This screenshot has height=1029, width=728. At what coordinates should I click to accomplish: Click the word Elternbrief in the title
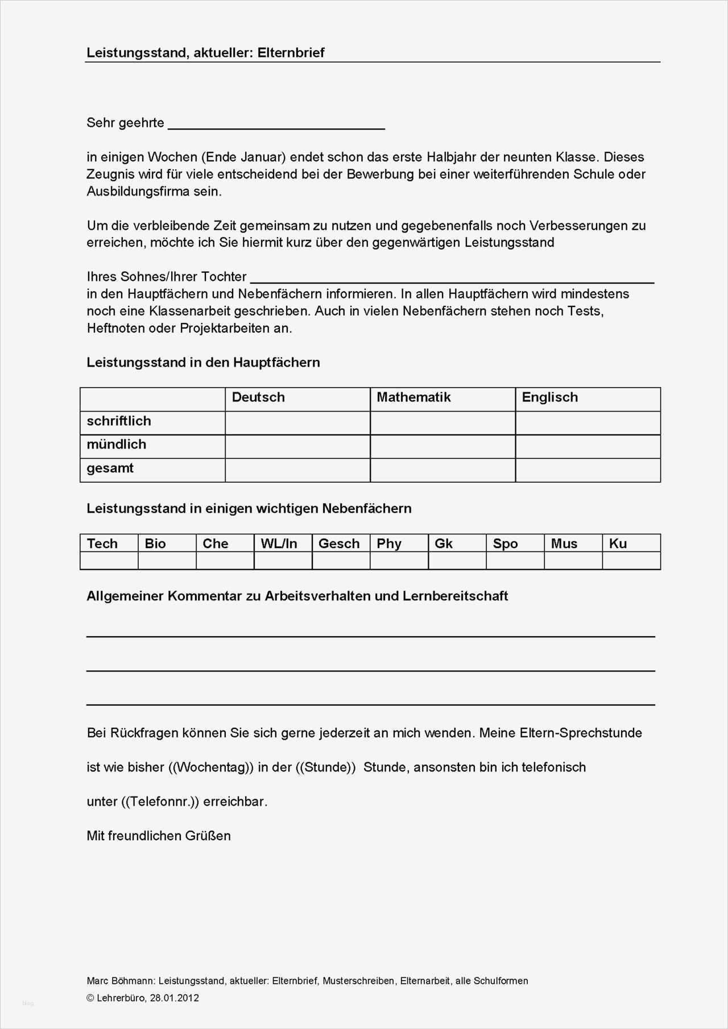(x=291, y=53)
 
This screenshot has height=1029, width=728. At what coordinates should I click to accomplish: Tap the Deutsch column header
(x=258, y=397)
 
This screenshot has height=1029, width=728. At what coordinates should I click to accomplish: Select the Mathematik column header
(x=413, y=397)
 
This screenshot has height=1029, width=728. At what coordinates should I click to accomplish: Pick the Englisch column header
(x=549, y=397)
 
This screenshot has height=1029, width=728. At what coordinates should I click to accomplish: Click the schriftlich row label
(x=119, y=421)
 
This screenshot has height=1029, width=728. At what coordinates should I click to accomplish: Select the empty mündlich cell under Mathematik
(x=442, y=446)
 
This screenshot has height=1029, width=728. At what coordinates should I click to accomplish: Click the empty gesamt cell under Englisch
(x=588, y=470)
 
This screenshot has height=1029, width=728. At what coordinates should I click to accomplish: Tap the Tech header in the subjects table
(x=102, y=543)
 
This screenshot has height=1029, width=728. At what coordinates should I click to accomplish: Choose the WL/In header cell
(x=279, y=543)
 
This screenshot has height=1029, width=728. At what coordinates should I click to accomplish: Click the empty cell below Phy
(x=399, y=561)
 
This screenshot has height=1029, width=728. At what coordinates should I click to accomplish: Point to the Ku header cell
(x=618, y=543)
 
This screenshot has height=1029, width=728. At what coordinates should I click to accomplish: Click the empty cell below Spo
(x=515, y=561)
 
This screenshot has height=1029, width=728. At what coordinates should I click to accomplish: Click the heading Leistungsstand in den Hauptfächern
(x=203, y=363)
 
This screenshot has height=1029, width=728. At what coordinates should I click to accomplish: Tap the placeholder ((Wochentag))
(x=211, y=767)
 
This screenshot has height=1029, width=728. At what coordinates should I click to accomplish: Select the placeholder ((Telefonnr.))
(x=160, y=802)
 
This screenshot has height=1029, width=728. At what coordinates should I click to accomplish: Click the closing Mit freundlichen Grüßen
(x=159, y=836)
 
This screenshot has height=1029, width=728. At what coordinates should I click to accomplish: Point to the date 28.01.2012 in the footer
(x=175, y=998)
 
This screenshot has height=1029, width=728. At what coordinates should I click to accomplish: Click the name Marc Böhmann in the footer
(x=120, y=981)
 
